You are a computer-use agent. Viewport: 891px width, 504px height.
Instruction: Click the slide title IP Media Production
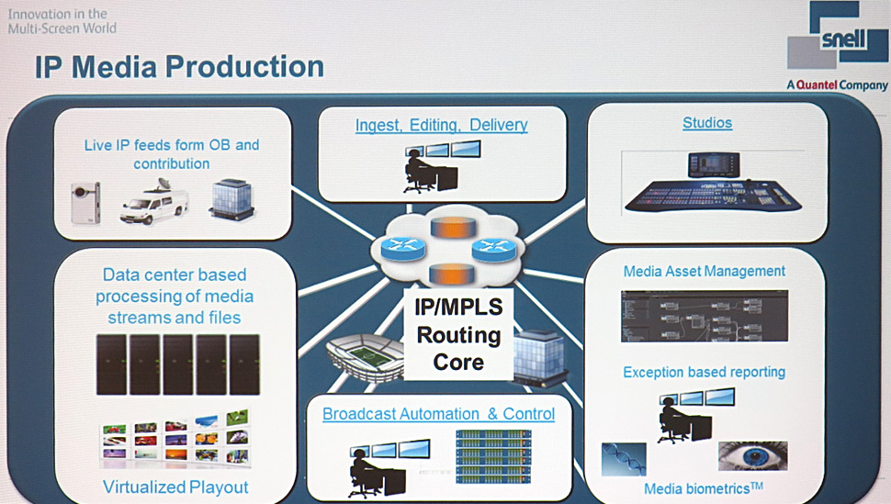[x=179, y=67]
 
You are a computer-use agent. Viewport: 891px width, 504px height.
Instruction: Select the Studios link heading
[x=706, y=122]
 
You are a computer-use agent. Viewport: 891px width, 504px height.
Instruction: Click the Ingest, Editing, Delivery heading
[x=441, y=125]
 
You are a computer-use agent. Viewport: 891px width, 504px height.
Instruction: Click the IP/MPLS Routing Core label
[x=458, y=334]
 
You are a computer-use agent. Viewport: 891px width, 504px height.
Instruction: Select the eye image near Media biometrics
[x=752, y=456]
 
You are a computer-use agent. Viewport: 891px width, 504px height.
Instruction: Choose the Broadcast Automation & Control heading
[x=438, y=414]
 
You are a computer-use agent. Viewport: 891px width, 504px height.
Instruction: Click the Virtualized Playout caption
[x=175, y=487]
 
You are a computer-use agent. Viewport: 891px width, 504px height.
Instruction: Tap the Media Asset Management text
[x=704, y=271]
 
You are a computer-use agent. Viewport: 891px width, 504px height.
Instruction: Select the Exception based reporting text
[x=704, y=372]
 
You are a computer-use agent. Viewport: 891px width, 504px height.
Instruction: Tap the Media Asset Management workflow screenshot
[x=704, y=315]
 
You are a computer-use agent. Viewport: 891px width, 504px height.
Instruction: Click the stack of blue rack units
[x=493, y=454]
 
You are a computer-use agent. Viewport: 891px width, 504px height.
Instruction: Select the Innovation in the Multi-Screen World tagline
[x=62, y=21]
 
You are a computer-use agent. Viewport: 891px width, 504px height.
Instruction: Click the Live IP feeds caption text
[x=172, y=154]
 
